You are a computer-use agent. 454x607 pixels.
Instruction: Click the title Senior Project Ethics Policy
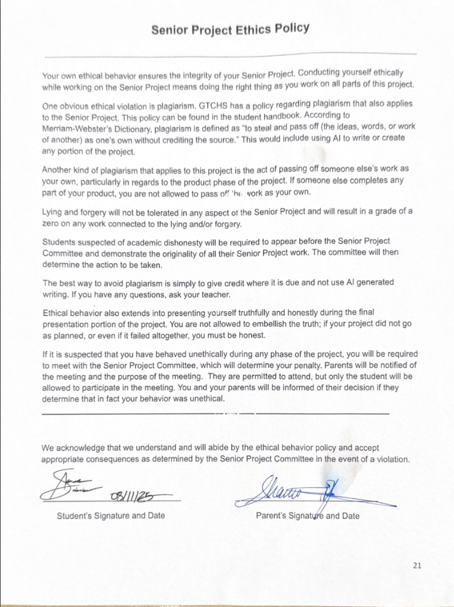[x=230, y=29]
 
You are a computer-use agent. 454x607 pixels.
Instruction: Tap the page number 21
[x=417, y=565]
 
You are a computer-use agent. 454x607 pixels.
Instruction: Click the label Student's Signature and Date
[x=111, y=516]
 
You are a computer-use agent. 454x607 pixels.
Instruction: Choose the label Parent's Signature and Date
[x=308, y=516]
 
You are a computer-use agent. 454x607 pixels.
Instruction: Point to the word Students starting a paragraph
[x=61, y=241]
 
